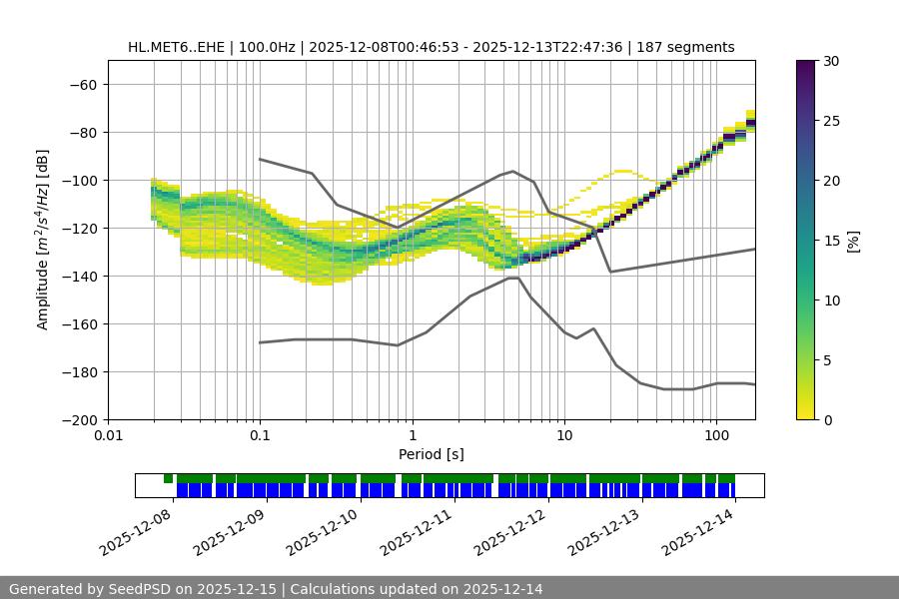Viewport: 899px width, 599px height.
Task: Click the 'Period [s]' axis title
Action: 431,454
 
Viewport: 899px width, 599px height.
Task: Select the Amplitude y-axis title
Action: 43,240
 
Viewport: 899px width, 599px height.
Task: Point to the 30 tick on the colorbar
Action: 832,61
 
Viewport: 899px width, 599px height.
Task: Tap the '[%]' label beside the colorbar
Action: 853,241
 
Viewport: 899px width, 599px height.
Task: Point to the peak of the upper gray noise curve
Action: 513,171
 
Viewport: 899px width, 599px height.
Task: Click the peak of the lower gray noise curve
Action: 513,278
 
